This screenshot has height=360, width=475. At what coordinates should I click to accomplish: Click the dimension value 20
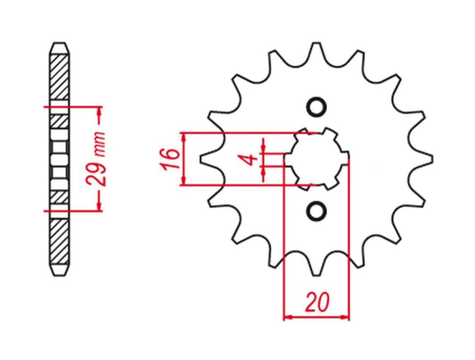coord(317,303)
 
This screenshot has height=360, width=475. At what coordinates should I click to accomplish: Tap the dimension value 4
coord(251,160)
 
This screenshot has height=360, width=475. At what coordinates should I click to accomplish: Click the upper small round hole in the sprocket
coord(317,107)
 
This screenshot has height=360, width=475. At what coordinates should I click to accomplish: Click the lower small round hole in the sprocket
coord(317,210)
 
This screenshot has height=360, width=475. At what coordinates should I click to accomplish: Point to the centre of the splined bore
coord(317,159)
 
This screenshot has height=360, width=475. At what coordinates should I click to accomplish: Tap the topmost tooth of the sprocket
coord(317,51)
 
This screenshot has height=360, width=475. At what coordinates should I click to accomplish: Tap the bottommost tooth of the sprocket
coord(317,267)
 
